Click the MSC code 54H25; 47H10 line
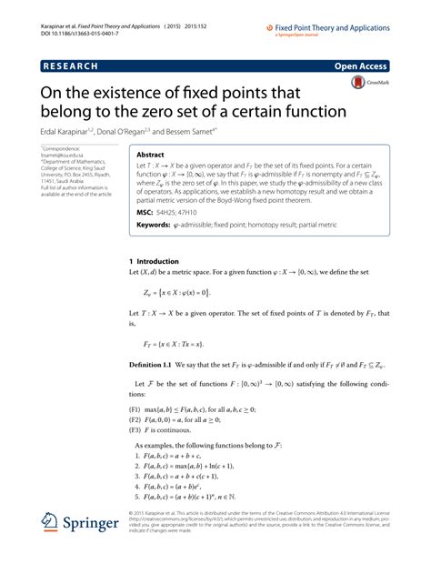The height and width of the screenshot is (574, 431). click(x=181, y=212)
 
